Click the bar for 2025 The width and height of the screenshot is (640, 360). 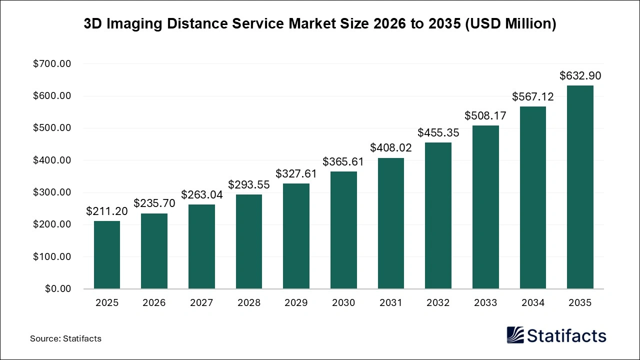(x=107, y=255)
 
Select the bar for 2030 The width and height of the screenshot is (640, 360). (x=343, y=230)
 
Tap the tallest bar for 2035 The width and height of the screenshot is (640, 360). (x=580, y=187)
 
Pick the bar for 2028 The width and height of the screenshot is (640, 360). (x=249, y=242)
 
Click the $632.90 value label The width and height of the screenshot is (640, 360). (x=580, y=76)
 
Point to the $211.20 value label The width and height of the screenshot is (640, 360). (x=107, y=211)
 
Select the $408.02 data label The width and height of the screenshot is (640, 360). (x=391, y=148)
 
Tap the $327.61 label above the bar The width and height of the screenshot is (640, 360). (x=296, y=173)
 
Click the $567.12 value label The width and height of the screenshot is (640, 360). (x=533, y=97)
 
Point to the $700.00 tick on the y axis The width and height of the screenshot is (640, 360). (x=52, y=64)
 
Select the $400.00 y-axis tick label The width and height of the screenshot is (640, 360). (x=52, y=160)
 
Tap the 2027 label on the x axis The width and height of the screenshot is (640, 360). (x=201, y=303)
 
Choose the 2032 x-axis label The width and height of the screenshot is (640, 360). (x=438, y=303)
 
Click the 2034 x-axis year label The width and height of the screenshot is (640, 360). (x=533, y=303)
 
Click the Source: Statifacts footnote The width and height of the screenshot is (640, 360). (x=65, y=338)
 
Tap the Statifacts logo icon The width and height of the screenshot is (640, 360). (x=515, y=335)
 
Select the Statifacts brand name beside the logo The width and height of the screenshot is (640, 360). (x=567, y=335)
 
